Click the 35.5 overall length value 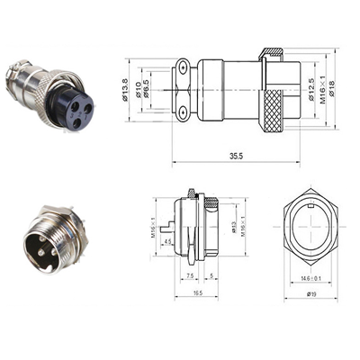tap(236, 156)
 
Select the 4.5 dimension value tap(168, 240)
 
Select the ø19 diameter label tap(310, 294)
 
